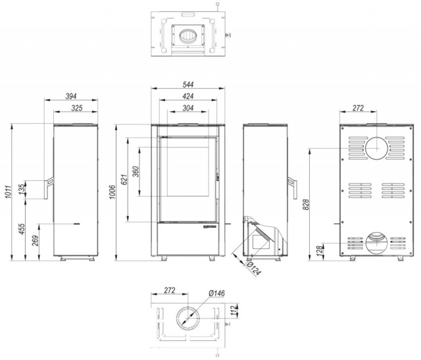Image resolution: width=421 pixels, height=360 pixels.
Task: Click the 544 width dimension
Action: pos(188,85)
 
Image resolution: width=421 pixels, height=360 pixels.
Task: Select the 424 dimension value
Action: pos(188,96)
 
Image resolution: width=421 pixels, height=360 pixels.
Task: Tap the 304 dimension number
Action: pos(188,108)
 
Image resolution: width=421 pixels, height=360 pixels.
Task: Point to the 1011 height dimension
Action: pos(8,192)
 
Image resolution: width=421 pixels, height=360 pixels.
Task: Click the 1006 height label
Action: pos(112,192)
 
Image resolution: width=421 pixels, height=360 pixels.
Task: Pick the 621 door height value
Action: pos(124,180)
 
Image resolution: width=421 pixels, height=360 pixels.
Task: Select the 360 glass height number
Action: pos(136,172)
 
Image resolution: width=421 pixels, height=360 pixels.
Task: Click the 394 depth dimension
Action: pos(71,96)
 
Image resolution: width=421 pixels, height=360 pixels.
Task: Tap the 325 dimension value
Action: pos(77,108)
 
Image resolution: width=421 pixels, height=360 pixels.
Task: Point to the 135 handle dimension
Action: pos(22,188)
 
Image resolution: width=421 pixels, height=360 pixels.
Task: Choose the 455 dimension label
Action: pos(22,229)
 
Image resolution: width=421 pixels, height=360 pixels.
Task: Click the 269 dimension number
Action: pos(36,241)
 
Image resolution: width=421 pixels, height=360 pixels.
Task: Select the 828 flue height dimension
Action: pos(306,205)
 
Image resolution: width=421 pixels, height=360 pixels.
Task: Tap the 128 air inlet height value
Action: pos(320,251)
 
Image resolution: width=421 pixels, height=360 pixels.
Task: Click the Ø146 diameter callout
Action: pos(216,293)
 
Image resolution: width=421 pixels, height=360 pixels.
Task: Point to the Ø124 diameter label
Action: pos(254,269)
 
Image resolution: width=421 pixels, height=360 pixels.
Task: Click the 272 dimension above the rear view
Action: pos(358,108)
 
